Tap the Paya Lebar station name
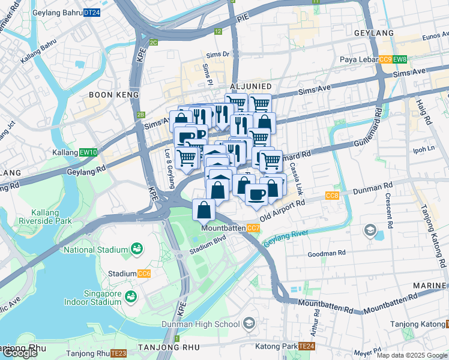358,59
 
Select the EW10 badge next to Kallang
88,153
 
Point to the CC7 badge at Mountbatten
253,228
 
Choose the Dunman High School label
200,325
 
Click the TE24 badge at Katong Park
307,346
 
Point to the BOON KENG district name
113,95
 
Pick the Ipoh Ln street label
424,148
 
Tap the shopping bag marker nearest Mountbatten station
204,210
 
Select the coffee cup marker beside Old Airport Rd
257,194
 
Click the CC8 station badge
332,196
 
